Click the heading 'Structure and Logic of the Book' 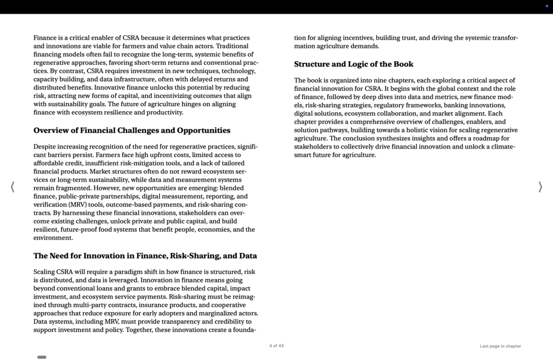pos(353,64)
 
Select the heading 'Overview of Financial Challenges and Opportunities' pos(132,130)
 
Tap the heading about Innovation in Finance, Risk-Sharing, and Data pos(145,256)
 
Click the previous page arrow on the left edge pos(13,187)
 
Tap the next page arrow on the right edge pos(540,187)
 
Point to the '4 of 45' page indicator pos(276,346)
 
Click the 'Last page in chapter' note pos(500,346)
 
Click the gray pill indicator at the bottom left pos(42,357)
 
